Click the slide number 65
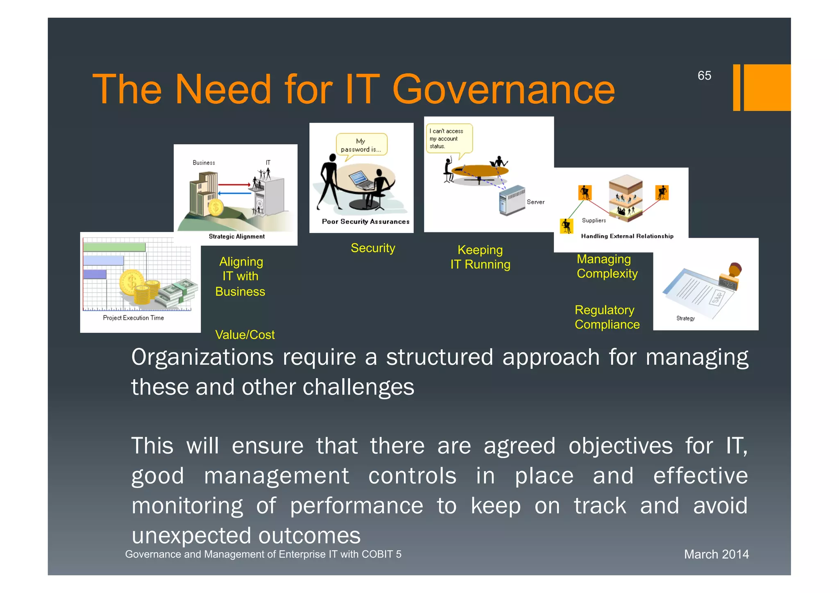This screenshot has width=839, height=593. (x=704, y=76)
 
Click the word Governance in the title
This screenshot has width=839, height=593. (x=503, y=89)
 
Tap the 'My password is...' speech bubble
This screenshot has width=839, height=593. (x=361, y=145)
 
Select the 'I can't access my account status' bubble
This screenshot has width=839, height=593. (x=448, y=139)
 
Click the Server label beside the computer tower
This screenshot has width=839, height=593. (x=535, y=202)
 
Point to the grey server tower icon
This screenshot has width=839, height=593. (x=511, y=200)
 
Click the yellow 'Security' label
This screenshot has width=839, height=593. (x=373, y=248)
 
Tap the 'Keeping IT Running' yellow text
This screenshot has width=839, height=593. (x=480, y=257)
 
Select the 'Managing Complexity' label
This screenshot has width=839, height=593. (x=607, y=266)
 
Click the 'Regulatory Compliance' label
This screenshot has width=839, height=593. (x=607, y=317)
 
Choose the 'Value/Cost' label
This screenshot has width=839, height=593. (x=245, y=335)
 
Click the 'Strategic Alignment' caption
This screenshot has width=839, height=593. (x=237, y=236)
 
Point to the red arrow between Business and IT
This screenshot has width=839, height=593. (x=234, y=185)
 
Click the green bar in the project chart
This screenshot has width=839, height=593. (x=114, y=247)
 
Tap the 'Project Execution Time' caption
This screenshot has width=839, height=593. (x=133, y=318)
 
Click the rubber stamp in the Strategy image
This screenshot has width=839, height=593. (x=732, y=276)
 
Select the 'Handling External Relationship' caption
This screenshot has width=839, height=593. (x=627, y=236)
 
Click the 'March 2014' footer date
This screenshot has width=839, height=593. (x=716, y=554)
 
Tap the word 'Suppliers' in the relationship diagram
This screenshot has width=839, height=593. (x=594, y=220)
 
